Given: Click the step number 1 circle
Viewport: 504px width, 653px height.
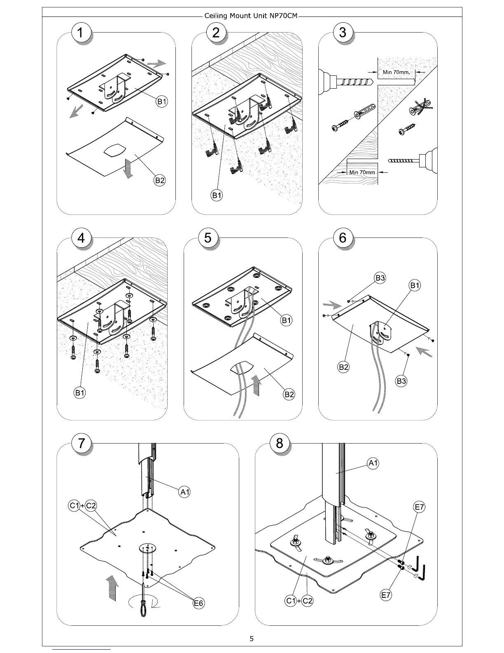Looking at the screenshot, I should (x=82, y=33).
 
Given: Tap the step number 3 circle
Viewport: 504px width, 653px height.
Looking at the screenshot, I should (x=343, y=33).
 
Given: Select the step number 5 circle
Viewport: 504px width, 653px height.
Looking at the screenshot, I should (x=208, y=238).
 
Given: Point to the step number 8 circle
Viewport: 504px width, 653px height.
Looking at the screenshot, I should (x=280, y=443).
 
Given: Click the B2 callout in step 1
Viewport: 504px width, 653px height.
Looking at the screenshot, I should (x=160, y=180).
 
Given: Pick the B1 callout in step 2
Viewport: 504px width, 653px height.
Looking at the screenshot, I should (x=217, y=195).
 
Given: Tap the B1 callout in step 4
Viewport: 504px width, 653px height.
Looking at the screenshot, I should (x=80, y=393).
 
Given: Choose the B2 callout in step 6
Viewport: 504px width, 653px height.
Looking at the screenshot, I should (x=344, y=367).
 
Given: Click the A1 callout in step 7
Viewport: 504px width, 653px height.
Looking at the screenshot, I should (x=185, y=492).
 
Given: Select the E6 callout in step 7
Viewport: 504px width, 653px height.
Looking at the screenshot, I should (x=199, y=604).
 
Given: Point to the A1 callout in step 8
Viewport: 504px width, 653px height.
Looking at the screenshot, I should (x=373, y=463).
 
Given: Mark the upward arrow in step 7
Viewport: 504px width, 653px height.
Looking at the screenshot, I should (x=111, y=589).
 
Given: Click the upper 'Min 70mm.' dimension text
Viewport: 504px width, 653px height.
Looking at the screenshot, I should (x=396, y=72).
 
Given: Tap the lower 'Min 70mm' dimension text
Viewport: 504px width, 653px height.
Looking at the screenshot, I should (x=362, y=172).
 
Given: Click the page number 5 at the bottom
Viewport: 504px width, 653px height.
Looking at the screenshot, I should (x=252, y=639).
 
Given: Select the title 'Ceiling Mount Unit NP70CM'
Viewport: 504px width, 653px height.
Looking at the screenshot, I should (x=251, y=16).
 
